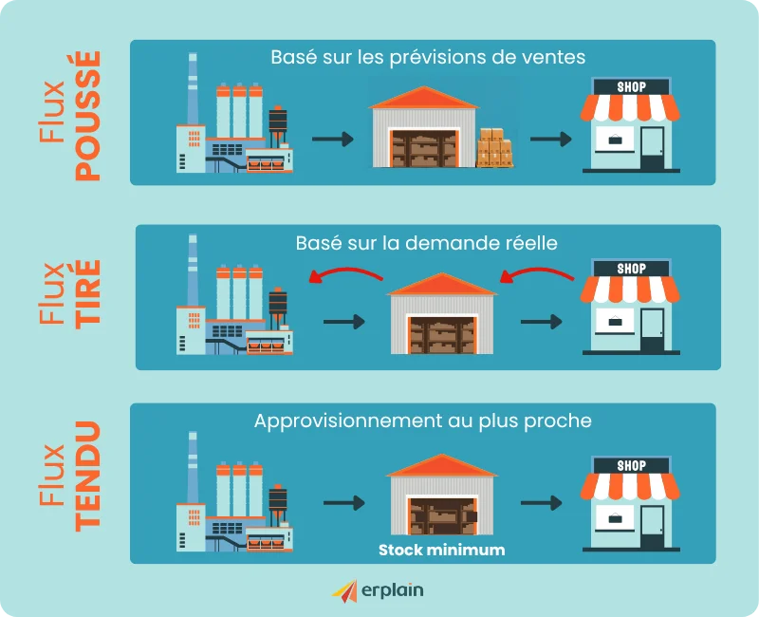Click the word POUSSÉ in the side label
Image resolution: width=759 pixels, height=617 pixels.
pyautogui.click(x=88, y=116)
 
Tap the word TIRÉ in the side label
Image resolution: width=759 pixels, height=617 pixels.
pyautogui.click(x=88, y=294)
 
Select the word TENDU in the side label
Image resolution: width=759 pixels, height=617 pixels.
pyautogui.click(x=88, y=477)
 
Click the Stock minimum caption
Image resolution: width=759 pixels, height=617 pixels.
pyautogui.click(x=441, y=550)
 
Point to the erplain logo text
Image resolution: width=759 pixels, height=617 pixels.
pyautogui.click(x=393, y=590)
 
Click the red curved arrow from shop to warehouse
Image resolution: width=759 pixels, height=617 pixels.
pyautogui.click(x=536, y=274)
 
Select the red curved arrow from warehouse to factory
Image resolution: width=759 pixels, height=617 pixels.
pyautogui.click(x=345, y=274)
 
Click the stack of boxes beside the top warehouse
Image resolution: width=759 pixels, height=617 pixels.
pyautogui.click(x=494, y=148)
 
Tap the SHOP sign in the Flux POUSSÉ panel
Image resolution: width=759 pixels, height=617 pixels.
pyautogui.click(x=631, y=87)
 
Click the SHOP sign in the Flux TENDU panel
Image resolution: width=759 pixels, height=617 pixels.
pyautogui.click(x=631, y=465)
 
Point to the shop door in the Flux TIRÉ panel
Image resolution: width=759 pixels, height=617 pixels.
pyautogui.click(x=652, y=329)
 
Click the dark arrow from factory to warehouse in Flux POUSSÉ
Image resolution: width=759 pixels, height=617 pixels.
pyautogui.click(x=333, y=139)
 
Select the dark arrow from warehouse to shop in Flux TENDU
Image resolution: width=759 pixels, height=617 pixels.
pyautogui.click(x=542, y=503)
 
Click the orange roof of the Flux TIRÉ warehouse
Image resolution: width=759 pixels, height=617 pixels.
pyautogui.click(x=442, y=284)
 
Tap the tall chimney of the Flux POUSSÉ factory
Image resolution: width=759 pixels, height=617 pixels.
pyautogui.click(x=193, y=88)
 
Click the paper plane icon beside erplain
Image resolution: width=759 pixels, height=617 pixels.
pyautogui.click(x=345, y=591)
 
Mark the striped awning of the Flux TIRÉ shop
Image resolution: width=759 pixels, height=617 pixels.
pyautogui.click(x=630, y=290)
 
